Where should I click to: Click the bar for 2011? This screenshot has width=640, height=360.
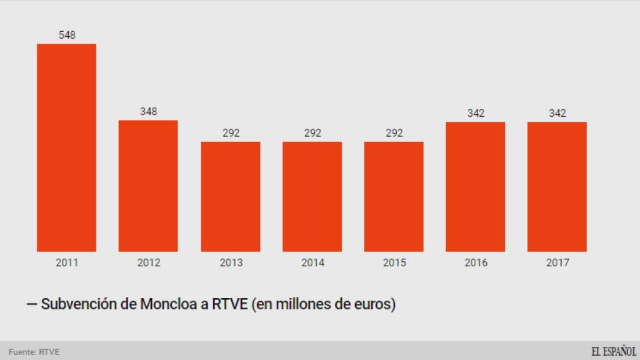pyautogui.click(x=67, y=147)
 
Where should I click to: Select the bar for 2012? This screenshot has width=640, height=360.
pyautogui.click(x=148, y=186)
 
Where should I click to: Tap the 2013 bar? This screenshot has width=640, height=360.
pyautogui.click(x=231, y=196)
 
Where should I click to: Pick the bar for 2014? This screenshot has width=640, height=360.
pyautogui.click(x=312, y=196)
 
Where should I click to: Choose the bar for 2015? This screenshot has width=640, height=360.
pyautogui.click(x=394, y=196)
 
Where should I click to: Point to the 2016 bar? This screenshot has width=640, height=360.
pyautogui.click(x=476, y=186)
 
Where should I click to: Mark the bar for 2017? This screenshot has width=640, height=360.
pyautogui.click(x=557, y=186)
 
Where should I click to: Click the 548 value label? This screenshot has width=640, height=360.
pyautogui.click(x=67, y=35)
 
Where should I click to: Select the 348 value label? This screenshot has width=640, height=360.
pyautogui.click(x=148, y=111)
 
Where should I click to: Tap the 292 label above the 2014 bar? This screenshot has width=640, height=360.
pyautogui.click(x=312, y=132)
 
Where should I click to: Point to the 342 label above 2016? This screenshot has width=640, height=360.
pyautogui.click(x=476, y=113)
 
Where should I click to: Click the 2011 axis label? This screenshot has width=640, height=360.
pyautogui.click(x=67, y=262)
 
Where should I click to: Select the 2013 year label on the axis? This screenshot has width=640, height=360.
pyautogui.click(x=231, y=262)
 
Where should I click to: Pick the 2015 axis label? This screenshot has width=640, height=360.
pyautogui.click(x=394, y=262)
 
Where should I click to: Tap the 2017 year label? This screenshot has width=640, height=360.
pyautogui.click(x=557, y=262)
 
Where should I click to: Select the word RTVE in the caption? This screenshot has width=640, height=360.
pyautogui.click(x=232, y=305)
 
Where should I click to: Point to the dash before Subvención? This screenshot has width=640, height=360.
pyautogui.click(x=31, y=305)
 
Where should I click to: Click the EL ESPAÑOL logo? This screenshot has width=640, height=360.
pyautogui.click(x=614, y=351)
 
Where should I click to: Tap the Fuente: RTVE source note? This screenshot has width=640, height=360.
pyautogui.click(x=34, y=351)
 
